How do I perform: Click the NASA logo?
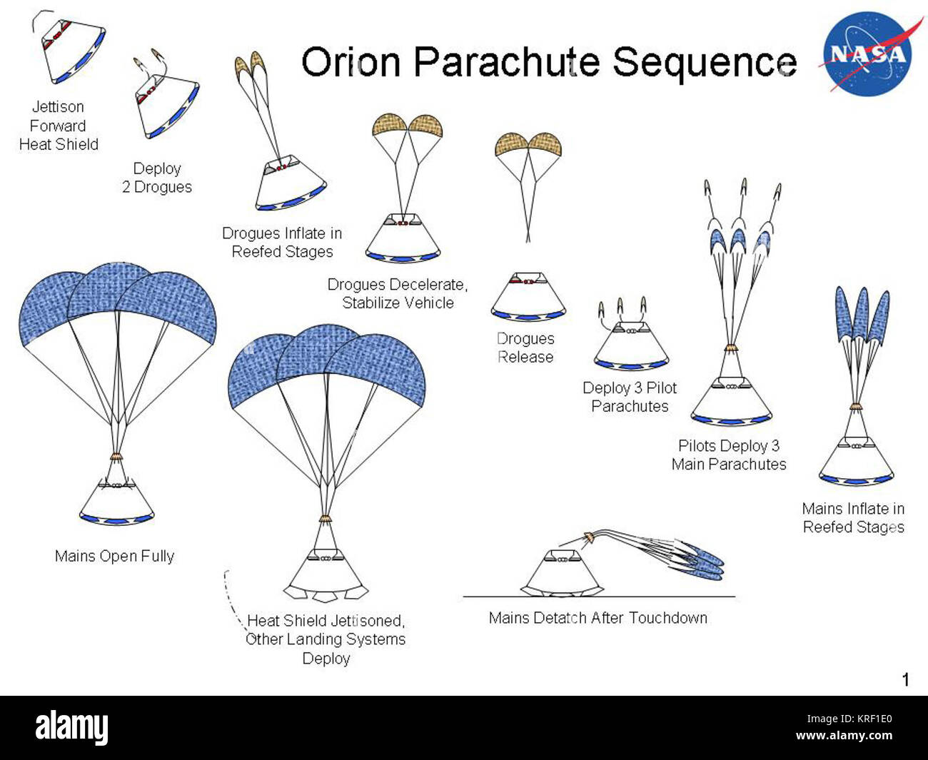867,54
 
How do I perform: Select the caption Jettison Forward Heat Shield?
59,126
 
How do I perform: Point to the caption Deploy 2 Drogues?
157,178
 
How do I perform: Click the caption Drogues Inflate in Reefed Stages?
282,243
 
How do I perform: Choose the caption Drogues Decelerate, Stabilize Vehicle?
398,293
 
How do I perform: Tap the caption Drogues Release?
525,348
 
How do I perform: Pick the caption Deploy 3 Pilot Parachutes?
630,397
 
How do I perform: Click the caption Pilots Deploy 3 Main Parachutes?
729,455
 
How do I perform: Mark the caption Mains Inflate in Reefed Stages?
853,517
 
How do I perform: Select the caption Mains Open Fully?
114,556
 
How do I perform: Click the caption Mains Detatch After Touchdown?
598,618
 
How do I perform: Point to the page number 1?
906,679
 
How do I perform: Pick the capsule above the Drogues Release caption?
528,297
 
